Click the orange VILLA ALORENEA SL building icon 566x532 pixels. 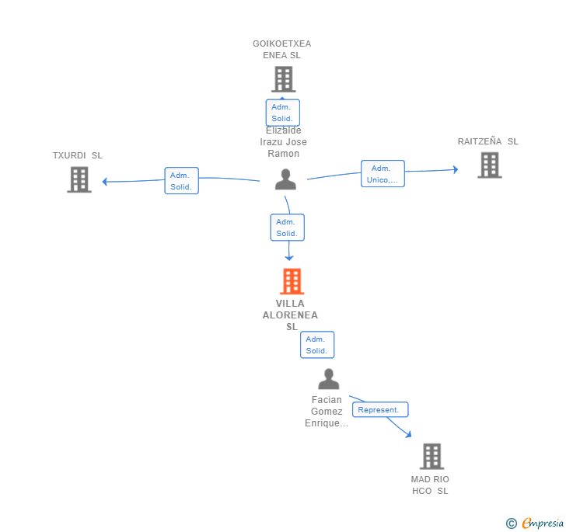[x=292, y=281]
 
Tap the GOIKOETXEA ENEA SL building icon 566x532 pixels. [x=284, y=79]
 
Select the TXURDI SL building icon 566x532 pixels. [x=79, y=179]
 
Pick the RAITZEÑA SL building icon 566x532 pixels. [x=490, y=165]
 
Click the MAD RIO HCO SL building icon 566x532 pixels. [x=432, y=456]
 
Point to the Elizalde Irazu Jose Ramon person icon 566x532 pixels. [x=285, y=179]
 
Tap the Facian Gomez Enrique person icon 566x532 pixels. [x=328, y=379]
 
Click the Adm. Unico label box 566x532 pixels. [x=383, y=173]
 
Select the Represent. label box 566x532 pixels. [x=380, y=409]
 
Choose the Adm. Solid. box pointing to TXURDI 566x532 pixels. [x=182, y=181]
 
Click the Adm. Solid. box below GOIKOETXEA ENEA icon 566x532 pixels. [x=283, y=113]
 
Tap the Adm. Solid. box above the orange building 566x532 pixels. [x=288, y=228]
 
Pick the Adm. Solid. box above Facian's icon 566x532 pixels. [x=317, y=345]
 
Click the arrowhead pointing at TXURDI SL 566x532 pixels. [x=105, y=182]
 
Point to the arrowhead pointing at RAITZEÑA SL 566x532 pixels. [x=456, y=169]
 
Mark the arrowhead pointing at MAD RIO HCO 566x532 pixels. [x=408, y=434]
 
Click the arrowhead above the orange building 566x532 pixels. [x=288, y=258]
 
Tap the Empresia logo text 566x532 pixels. [x=543, y=523]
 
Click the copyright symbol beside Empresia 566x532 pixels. [x=511, y=523]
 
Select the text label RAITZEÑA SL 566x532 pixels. [x=487, y=141]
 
